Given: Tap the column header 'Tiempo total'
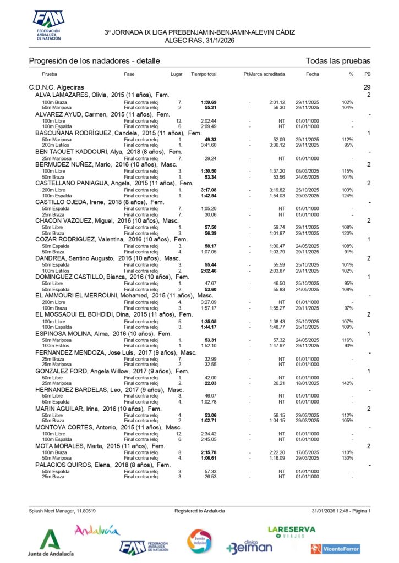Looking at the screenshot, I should (x=204, y=74).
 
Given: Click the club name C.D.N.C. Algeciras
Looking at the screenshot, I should (x=56, y=87).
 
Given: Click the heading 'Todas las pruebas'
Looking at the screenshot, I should (x=337, y=61).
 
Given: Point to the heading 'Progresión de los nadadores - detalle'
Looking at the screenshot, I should (x=94, y=61).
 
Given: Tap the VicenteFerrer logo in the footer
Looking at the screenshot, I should (x=335, y=548).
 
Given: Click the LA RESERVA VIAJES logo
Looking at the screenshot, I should (x=291, y=531).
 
